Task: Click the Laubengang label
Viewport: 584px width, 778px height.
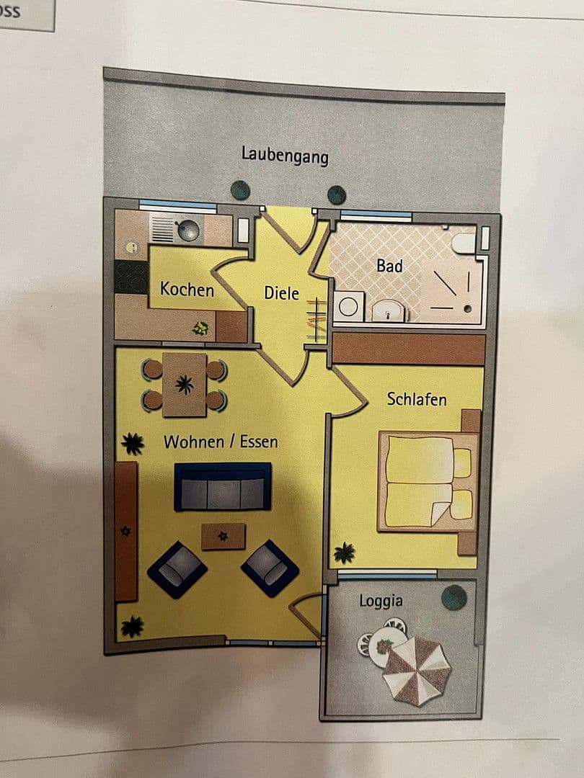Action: pos(285,155)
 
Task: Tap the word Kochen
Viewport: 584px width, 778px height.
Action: pos(187,290)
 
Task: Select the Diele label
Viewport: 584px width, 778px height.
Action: pos(281,293)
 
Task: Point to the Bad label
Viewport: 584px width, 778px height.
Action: pos(389,266)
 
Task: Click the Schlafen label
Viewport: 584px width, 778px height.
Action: pos(417,399)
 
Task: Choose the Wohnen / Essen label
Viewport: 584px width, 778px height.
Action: pos(221,442)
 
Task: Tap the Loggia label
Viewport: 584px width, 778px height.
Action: pos(381,601)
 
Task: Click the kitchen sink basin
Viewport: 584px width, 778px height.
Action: pos(189,231)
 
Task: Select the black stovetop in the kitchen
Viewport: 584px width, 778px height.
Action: pos(130,277)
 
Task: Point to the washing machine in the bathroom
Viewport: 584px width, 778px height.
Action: pos(348,306)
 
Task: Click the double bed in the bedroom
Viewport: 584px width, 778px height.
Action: pos(428,481)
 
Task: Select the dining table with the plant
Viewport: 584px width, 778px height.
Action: pos(185,385)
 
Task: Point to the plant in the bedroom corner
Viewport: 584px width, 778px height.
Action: pos(345,553)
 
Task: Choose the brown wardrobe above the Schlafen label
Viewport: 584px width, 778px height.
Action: pos(408,349)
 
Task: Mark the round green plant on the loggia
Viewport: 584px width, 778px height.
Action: pos(454,597)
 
